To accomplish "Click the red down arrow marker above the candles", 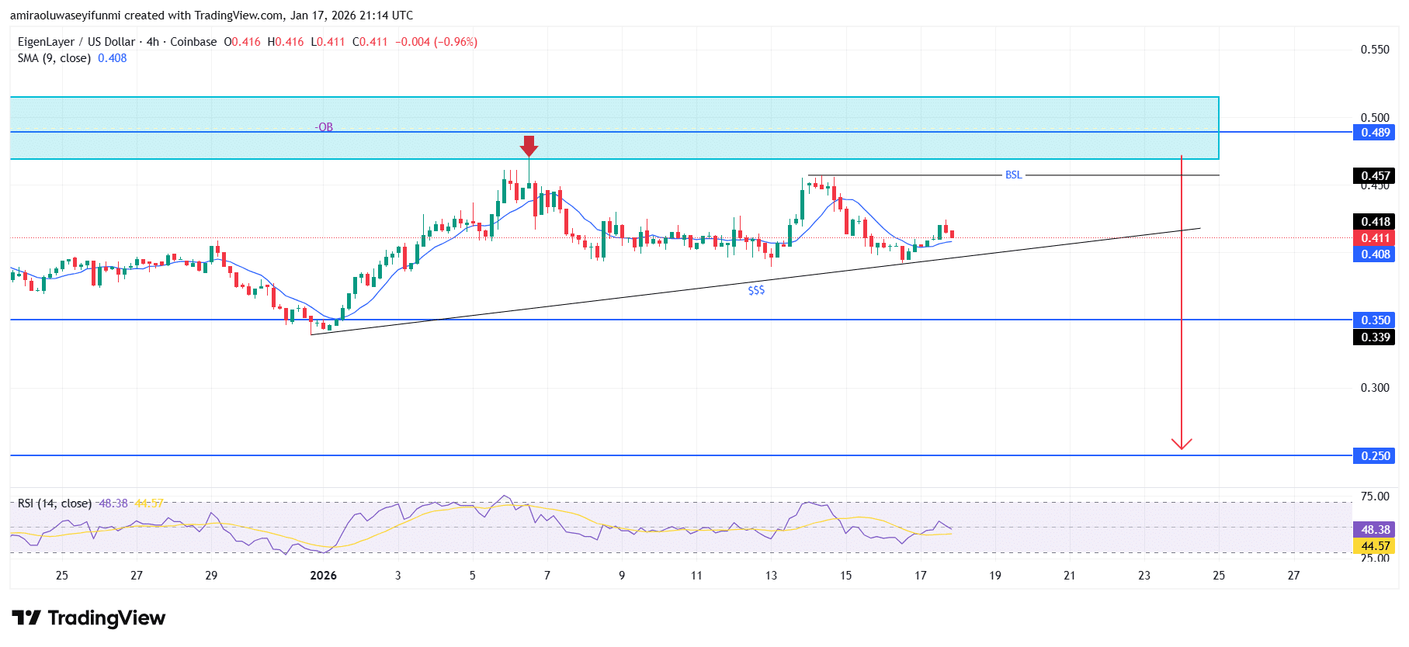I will (529, 146).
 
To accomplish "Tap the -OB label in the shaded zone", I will (324, 127).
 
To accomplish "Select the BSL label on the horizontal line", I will (1013, 175).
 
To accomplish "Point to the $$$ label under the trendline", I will (756, 290).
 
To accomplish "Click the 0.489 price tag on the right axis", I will (1375, 133).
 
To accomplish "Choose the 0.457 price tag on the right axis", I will (1375, 176).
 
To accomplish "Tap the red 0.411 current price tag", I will (1375, 238).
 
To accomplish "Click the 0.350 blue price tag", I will (1375, 320).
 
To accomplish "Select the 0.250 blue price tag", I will (1375, 456).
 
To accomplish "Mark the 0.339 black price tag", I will (1375, 337).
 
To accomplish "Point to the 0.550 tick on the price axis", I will (1375, 50).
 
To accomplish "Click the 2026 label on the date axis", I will (323, 576).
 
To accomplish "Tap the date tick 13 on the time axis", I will (771, 576).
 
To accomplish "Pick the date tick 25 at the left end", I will (62, 576).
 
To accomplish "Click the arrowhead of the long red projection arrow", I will (1182, 445).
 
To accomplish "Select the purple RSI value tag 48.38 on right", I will (1375, 530).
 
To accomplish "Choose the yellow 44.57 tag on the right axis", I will (1375, 546).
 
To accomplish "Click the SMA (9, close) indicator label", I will (54, 58).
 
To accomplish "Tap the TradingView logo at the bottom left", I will (88, 618).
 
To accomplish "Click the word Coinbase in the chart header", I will (193, 42).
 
